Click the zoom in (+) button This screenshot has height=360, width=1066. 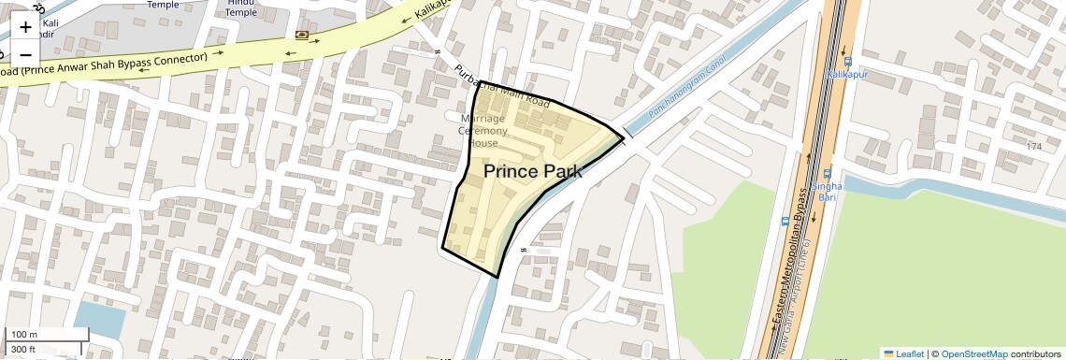[x=25, y=27]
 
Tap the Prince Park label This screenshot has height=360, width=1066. [x=533, y=171]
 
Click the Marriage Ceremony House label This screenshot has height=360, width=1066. [x=483, y=131]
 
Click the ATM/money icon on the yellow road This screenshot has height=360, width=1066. [x=302, y=36]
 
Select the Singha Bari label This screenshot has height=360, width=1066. [x=828, y=192]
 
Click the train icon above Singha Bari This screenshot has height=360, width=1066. [x=828, y=173]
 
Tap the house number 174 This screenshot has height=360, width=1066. [x=1033, y=147]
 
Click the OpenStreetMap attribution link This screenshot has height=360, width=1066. [x=973, y=353]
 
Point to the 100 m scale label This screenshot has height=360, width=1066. [x=24, y=334]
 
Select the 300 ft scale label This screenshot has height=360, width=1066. [x=23, y=350]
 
